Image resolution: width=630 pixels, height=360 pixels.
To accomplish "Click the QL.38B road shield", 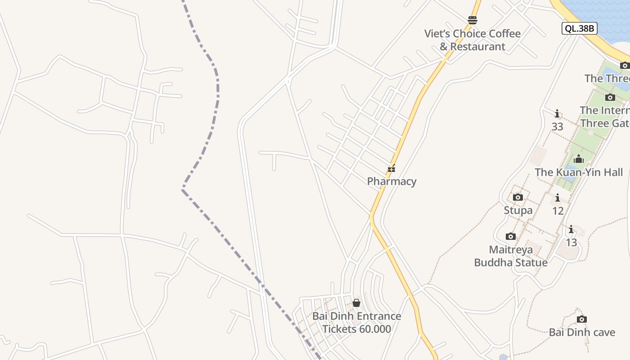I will coord(580,28).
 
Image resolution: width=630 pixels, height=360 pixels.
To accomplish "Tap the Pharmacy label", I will coord(391,181).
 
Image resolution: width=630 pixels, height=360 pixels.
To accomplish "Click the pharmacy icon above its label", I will coord(391,169).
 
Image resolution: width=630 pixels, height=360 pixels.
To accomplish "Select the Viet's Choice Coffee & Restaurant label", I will coord(472,40).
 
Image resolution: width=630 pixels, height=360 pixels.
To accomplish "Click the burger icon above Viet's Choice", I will coord(472,20).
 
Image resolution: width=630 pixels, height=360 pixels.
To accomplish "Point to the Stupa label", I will coord(518,210).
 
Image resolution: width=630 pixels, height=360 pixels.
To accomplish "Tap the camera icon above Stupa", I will coord(518,197).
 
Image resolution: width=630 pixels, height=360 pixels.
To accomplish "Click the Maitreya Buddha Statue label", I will coord(511,256).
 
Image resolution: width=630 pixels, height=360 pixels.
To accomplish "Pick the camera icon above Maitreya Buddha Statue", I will coord(511,236).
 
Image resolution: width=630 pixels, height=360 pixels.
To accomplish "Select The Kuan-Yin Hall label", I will coord(579,172).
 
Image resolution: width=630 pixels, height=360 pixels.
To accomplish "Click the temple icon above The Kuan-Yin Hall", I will coord(579,159).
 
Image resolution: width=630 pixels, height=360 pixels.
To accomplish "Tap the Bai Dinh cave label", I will coord(582,333).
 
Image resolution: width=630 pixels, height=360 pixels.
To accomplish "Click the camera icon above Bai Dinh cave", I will coord(582,319).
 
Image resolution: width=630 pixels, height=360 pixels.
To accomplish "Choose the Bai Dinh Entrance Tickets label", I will coord(357,323).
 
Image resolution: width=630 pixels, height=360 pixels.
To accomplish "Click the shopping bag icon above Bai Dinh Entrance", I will coord(356,303).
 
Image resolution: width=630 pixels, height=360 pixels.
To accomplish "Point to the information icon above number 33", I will coord(557,113).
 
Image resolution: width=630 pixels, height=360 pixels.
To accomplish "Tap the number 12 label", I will coord(558,211).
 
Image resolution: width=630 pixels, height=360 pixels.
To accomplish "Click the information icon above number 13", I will coord(571,229).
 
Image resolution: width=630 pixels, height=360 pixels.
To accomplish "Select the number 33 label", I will coord(557,127).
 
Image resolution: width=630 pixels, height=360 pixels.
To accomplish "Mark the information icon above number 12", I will coord(558,198).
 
